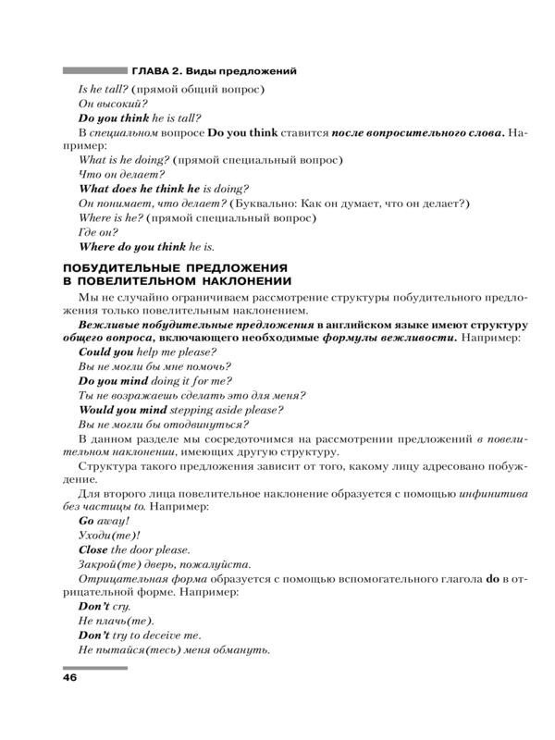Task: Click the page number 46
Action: point(69,678)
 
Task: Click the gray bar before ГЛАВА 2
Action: point(93,70)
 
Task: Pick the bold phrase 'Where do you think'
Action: point(132,247)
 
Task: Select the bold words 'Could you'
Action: point(107,352)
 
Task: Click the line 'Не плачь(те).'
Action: point(117,621)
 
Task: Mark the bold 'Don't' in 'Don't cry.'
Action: point(96,607)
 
